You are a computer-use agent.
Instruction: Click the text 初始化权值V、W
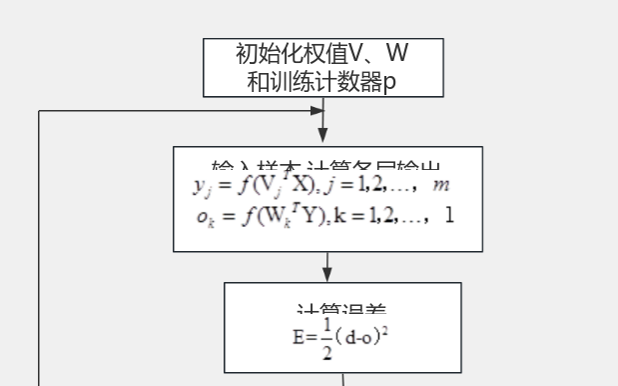tap(321, 54)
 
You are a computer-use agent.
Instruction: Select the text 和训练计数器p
tap(321, 81)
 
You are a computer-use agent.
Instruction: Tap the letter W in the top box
tap(395, 54)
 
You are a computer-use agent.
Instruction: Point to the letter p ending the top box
tap(389, 83)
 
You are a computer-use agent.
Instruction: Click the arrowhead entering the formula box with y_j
tap(323, 139)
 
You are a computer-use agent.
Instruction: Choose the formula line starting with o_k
tap(325, 215)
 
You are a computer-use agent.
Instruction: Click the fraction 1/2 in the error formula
tap(325, 336)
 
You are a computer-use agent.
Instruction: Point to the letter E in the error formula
tap(299, 337)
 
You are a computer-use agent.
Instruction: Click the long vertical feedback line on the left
tap(39, 250)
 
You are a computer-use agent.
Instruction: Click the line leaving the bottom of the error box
tap(344, 379)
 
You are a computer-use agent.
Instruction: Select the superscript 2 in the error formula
tap(384, 331)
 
